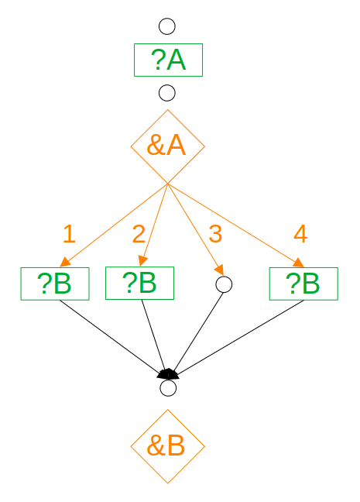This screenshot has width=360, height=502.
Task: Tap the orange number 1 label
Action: pos(69,234)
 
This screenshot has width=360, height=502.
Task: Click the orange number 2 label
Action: pos(139,234)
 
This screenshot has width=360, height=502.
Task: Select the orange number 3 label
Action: pos(215,234)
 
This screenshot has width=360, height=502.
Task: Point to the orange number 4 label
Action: pos(300,234)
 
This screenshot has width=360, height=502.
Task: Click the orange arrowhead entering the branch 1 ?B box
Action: pos(65,262)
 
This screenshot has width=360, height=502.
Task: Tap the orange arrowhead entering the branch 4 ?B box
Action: pos(299,263)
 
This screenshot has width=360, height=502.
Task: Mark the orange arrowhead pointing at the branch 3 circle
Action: pos(220,270)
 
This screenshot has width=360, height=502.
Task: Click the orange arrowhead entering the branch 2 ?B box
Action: pos(142,261)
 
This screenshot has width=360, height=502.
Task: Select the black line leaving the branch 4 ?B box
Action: pos(239,338)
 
